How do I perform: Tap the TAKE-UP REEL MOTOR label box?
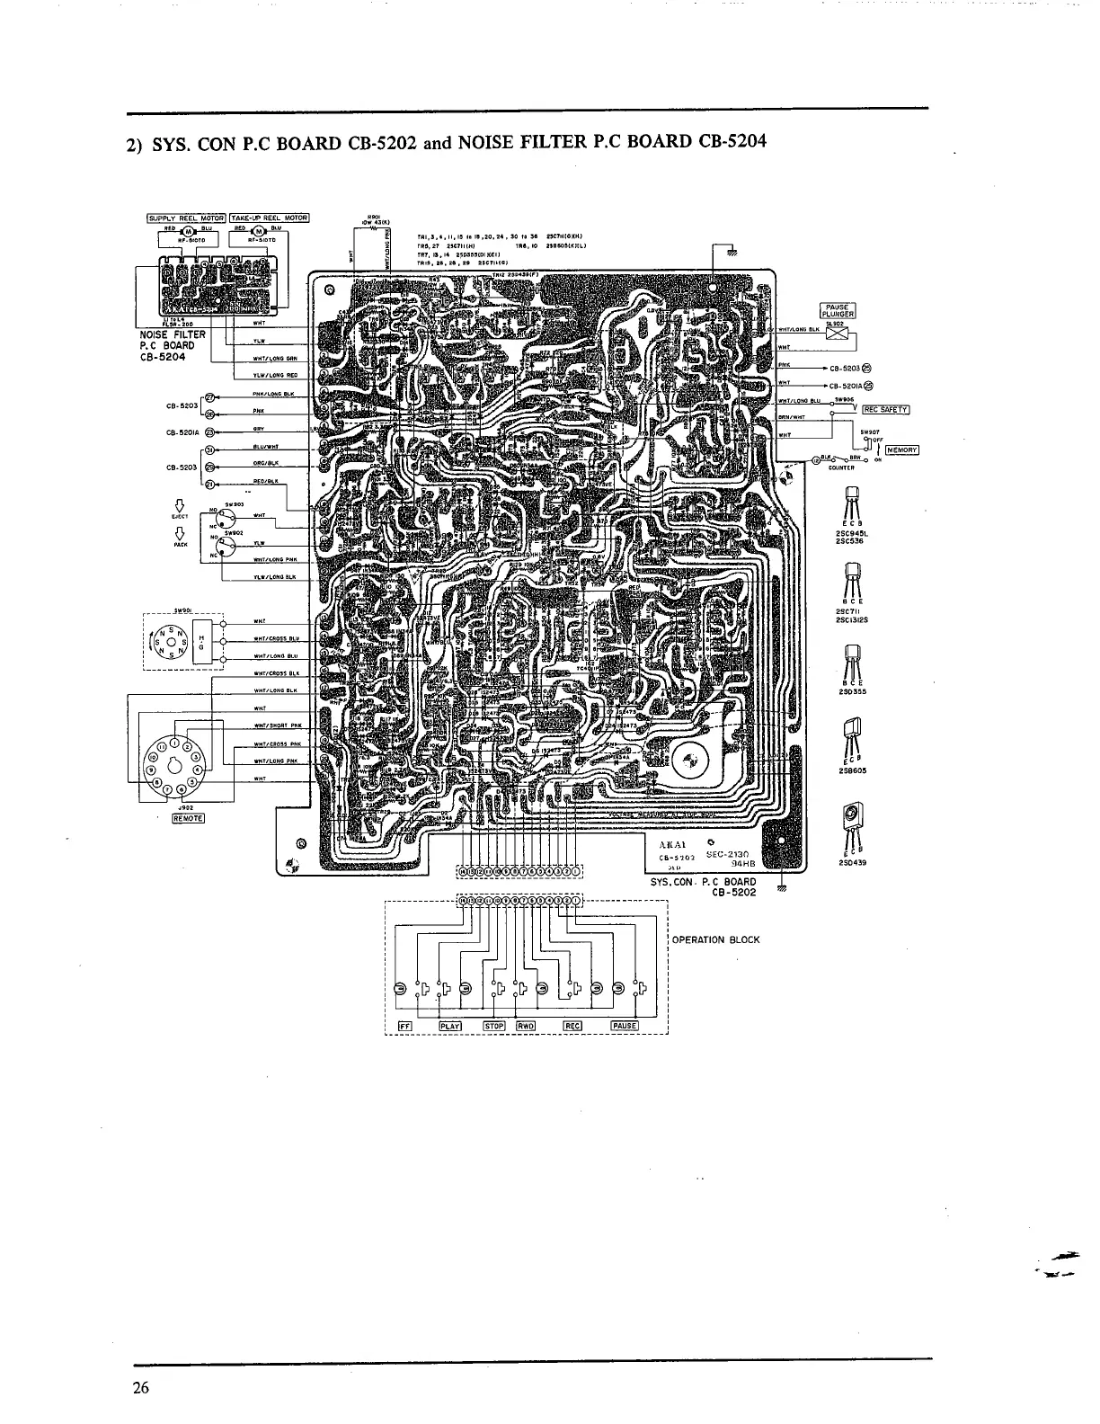(x=270, y=218)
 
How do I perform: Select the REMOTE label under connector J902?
(x=188, y=817)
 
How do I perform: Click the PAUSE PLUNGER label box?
(x=837, y=310)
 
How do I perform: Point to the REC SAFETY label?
(x=885, y=410)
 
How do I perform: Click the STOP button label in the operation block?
(x=494, y=1026)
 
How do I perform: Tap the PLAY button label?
(x=448, y=1026)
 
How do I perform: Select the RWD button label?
(x=526, y=1026)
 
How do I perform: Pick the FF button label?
(x=404, y=1026)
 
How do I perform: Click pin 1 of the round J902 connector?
(x=175, y=743)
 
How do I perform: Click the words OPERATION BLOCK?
(x=715, y=940)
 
